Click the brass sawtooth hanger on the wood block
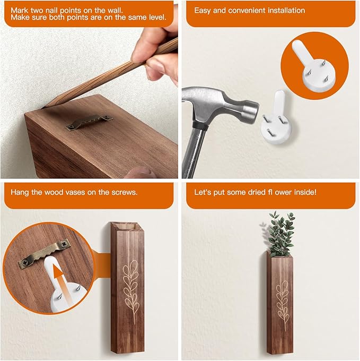[x=89, y=122]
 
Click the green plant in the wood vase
[x=280, y=234]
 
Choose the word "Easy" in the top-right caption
[x=203, y=10]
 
